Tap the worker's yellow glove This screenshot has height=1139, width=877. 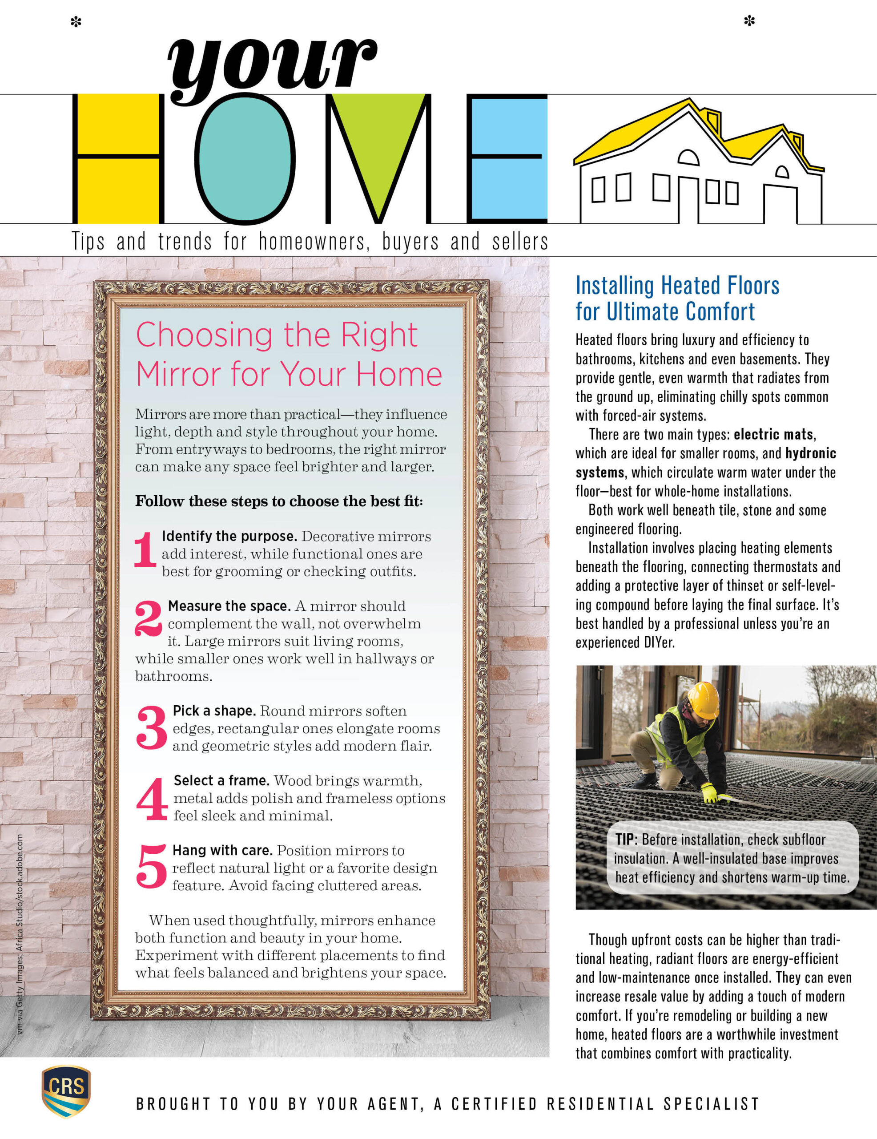click(x=710, y=793)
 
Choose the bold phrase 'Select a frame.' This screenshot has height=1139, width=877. click(x=221, y=781)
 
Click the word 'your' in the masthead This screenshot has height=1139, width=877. click(x=271, y=65)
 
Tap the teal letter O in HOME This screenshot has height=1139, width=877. click(x=245, y=159)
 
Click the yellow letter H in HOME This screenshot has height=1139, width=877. click(x=118, y=159)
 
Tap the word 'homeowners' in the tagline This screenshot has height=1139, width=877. click(x=314, y=242)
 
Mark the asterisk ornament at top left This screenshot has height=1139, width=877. click(x=76, y=22)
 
